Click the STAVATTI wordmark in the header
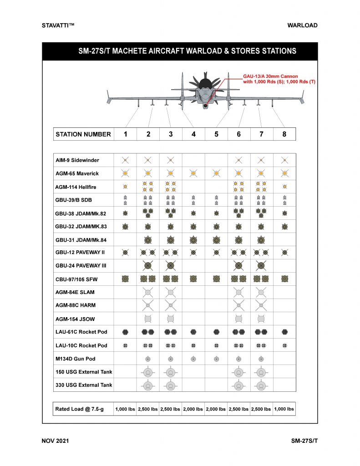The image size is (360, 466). coord(58,25)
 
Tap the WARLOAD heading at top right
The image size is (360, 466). coord(302,25)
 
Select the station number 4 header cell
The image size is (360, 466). coord(193,134)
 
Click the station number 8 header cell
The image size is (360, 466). coord(284,134)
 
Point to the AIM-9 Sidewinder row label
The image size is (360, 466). coord(77,160)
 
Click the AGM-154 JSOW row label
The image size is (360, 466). coord(75,319)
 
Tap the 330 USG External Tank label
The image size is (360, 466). coord(84,385)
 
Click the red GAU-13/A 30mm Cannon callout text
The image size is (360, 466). coord(279,79)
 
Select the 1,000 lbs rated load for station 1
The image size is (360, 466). coord(125,409)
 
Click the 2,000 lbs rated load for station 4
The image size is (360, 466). coord(193,409)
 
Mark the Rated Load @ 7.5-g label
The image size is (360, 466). coord(80,409)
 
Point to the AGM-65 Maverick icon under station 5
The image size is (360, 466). coord(216,173)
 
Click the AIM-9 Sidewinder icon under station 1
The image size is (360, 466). coord(125,160)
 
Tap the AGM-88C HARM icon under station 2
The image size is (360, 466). coord(147,305)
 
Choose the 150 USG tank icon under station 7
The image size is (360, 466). coord(261,372)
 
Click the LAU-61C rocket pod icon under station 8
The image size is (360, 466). coord(284,332)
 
